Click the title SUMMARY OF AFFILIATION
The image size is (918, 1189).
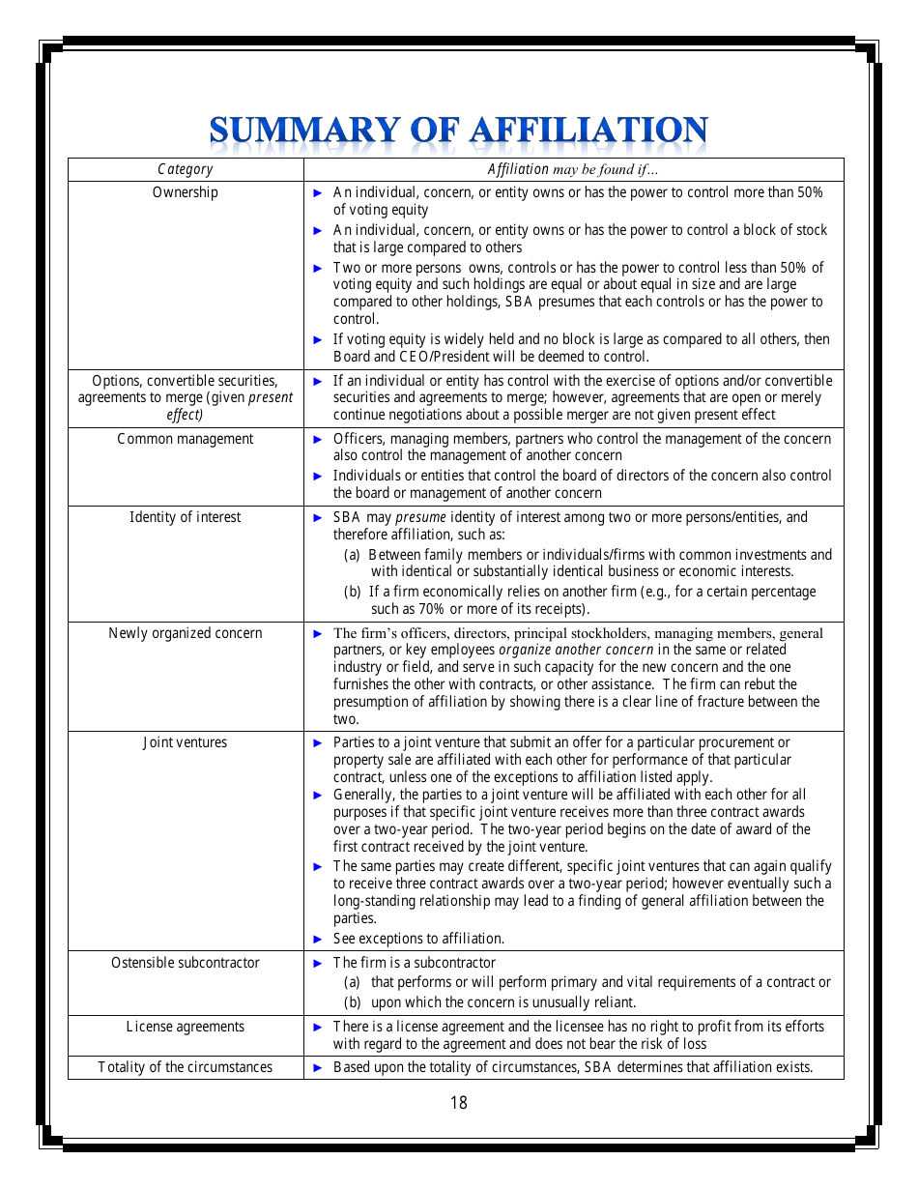pyautogui.click(x=458, y=131)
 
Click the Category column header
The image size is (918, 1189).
pyautogui.click(x=185, y=169)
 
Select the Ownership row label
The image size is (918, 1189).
pyautogui.click(x=185, y=192)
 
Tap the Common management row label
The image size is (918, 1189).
pyautogui.click(x=185, y=439)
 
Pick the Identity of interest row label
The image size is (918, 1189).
pyautogui.click(x=185, y=517)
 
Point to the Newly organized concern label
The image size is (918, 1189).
pyautogui.click(x=185, y=633)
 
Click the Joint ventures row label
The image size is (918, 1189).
pyautogui.click(x=185, y=742)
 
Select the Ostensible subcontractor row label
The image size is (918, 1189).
pyautogui.click(x=185, y=963)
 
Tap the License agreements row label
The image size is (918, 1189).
pyautogui.click(x=185, y=1027)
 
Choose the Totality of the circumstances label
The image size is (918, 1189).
pyautogui.click(x=185, y=1067)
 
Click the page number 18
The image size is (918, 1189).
pyautogui.click(x=458, y=1103)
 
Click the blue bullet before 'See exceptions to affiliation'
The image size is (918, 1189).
pyautogui.click(x=319, y=939)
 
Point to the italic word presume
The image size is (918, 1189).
pyautogui.click(x=420, y=517)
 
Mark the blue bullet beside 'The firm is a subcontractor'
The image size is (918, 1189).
pyautogui.click(x=319, y=963)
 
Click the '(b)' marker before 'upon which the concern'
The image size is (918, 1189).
pyautogui.click(x=353, y=1002)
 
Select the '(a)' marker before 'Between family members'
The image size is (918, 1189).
pyautogui.click(x=353, y=555)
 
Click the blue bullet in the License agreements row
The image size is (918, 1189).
pyautogui.click(x=319, y=1027)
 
